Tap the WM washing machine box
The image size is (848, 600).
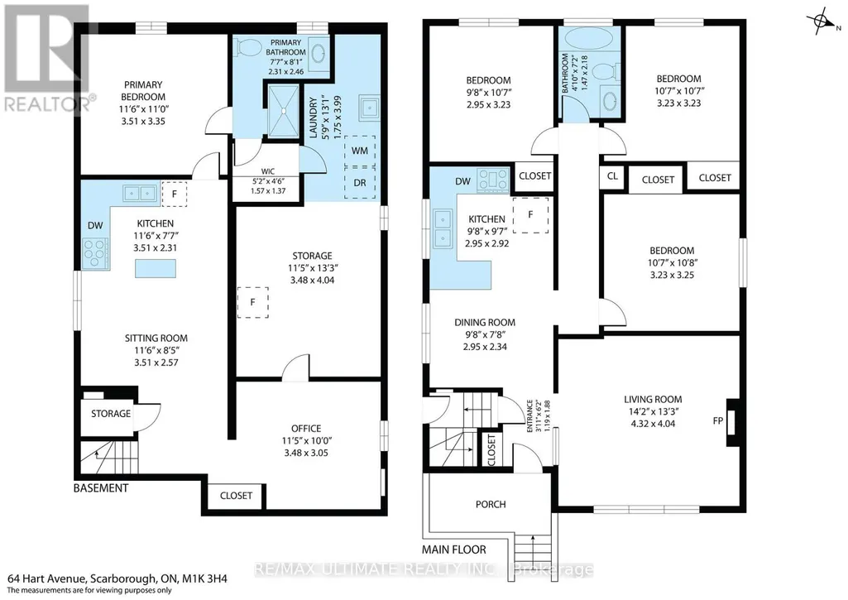pos(360,151)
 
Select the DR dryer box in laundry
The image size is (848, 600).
pos(360,182)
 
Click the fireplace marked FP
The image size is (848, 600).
pos(733,422)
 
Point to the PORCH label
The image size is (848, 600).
pos(491,504)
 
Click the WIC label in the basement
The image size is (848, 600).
pos(268,171)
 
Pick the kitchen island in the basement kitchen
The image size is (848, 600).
pos(156,268)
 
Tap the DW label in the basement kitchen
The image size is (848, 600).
pos(95,226)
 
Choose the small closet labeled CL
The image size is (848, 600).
pos(612,175)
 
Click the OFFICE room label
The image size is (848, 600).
pos(306,428)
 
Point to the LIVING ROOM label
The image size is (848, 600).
pos(653,399)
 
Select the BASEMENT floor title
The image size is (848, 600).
pos(101,488)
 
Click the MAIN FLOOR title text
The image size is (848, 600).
pos(453,550)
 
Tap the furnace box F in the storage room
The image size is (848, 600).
pos(252,302)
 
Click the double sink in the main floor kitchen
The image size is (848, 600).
pos(443,228)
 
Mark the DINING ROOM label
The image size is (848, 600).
pos(485,323)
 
